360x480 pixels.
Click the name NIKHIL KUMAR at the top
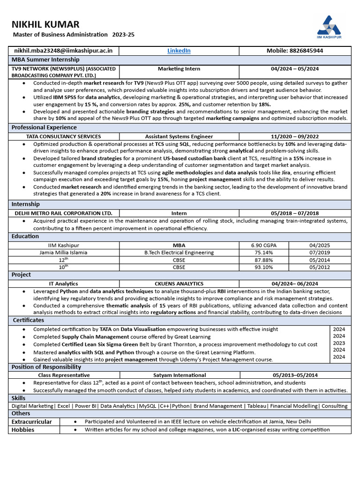pyautogui.click(x=45, y=24)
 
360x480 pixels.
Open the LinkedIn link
pyautogui.click(x=179, y=51)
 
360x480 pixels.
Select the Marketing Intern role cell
pyautogui.click(x=179, y=69)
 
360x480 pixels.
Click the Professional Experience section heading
pyautogui.click(x=44, y=127)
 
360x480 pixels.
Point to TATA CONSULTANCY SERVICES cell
pyautogui.click(x=63, y=136)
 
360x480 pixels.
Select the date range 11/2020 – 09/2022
pyautogui.click(x=295, y=136)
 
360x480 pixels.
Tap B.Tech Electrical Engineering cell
pyautogui.click(x=179, y=253)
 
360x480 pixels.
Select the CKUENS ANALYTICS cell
pyautogui.click(x=179, y=284)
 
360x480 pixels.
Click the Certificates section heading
pyautogui.click(x=29, y=320)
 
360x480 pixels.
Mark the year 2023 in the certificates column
pyautogui.click(x=339, y=343)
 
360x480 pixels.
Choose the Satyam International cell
pyautogui.click(x=179, y=375)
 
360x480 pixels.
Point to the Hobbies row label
pyautogui.click(x=23, y=429)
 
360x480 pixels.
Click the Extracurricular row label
pyautogui.click(x=32, y=422)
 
